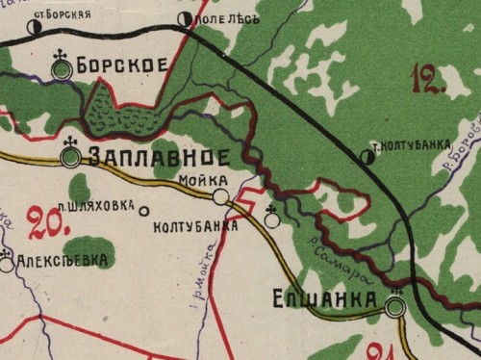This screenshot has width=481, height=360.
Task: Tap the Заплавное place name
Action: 159,157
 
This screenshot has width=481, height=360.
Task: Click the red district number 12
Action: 427,77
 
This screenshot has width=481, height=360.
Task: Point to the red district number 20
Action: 49,222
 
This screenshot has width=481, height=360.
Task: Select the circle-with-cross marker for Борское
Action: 63,68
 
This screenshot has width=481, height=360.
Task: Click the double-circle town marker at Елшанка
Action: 394,306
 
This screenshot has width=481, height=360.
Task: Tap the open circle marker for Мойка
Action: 221,196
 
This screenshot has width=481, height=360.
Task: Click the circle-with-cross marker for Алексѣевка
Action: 7,263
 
